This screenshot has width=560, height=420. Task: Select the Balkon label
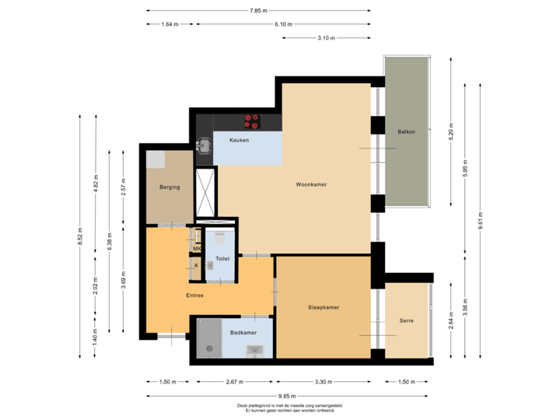point(406,131)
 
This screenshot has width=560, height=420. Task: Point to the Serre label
point(406,320)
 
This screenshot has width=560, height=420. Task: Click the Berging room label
point(170,187)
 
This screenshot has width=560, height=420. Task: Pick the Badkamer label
point(243,332)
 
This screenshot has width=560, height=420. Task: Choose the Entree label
point(194,296)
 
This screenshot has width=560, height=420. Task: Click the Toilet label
point(222,257)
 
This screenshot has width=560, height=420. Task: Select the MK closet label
point(197,249)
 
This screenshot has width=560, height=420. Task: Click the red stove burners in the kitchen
point(252,121)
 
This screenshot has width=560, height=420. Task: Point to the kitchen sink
point(205,145)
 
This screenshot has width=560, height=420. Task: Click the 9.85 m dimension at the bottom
point(287,397)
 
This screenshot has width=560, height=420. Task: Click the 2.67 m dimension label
point(234,382)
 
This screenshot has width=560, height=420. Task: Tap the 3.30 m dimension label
point(323,382)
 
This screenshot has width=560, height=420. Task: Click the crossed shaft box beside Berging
point(205,191)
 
